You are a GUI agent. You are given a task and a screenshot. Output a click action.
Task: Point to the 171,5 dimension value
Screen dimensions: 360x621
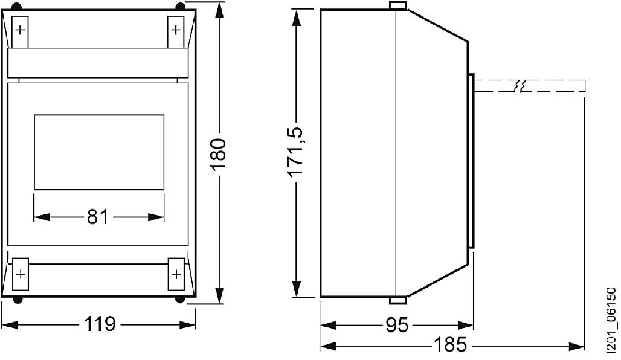[x=295, y=153]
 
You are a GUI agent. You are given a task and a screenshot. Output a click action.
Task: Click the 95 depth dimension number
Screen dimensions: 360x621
[x=397, y=326]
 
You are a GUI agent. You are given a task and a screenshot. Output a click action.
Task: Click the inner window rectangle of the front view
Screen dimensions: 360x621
[x=98, y=151]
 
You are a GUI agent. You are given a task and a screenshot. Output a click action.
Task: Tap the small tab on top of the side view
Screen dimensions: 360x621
[x=397, y=5]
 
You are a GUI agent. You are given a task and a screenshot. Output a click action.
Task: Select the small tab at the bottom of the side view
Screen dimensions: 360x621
[x=397, y=300]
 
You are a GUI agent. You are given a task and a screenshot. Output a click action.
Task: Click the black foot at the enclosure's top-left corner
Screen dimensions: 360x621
[x=18, y=6]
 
